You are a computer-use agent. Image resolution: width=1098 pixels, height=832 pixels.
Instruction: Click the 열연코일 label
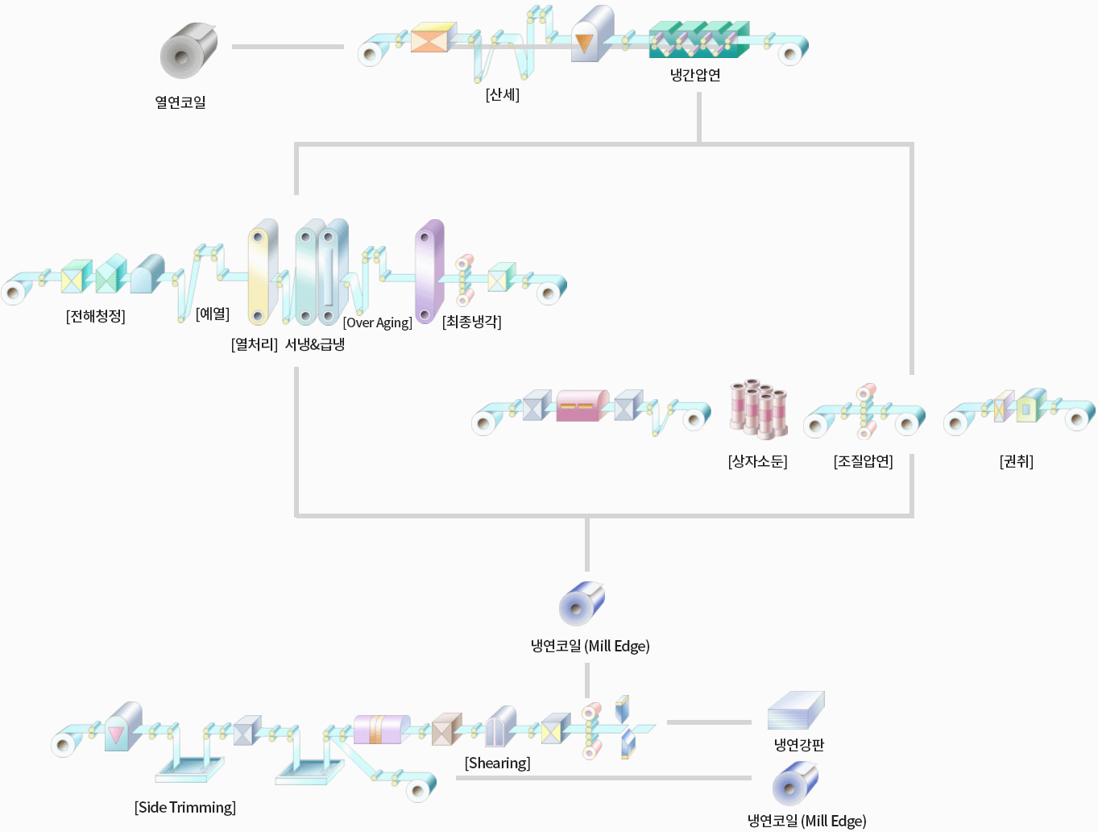point(180,102)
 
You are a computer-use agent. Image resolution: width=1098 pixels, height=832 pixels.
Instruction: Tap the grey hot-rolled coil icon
point(189,50)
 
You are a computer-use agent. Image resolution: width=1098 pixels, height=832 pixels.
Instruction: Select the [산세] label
point(503,94)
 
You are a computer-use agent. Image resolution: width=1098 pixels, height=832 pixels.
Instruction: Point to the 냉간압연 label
point(695,75)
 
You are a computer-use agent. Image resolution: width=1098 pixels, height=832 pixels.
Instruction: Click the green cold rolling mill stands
point(698,40)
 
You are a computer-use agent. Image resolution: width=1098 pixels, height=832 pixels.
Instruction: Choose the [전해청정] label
point(96,316)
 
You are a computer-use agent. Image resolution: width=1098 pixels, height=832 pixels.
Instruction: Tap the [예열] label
point(213,314)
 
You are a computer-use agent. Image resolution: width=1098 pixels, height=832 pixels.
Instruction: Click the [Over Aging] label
point(378,322)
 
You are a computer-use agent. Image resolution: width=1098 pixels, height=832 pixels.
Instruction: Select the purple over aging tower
point(429,271)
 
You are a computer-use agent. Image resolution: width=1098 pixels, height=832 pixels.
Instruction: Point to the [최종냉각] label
point(472,322)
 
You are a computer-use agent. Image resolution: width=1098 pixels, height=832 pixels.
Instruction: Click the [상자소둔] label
point(758,461)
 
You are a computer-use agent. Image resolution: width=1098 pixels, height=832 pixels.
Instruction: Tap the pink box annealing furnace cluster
point(758,408)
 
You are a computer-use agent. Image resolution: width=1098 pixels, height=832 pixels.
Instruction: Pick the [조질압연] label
point(864,461)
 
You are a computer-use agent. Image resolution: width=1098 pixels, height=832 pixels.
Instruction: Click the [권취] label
point(1017,461)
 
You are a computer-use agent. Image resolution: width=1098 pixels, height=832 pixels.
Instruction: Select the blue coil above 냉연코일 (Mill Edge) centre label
point(582,603)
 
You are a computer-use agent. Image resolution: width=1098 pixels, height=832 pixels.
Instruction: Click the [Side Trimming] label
point(185,807)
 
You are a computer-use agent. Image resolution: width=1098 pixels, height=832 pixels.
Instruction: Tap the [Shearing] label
point(498,763)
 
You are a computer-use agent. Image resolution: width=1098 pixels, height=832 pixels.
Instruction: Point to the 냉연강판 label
point(799,744)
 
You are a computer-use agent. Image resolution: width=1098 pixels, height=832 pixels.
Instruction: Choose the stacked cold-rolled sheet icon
point(796,710)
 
